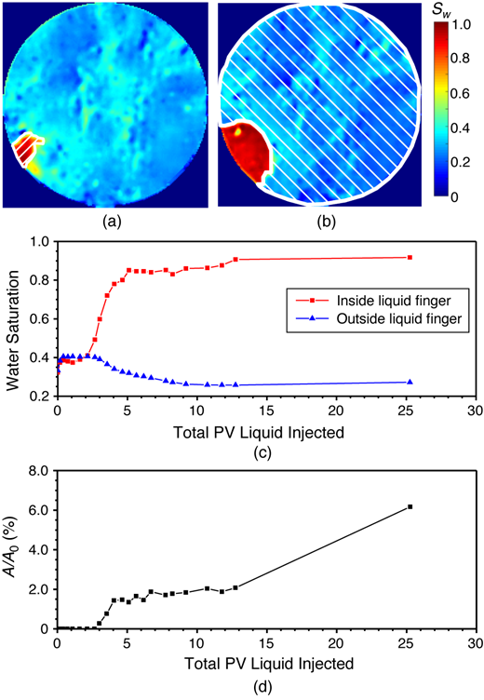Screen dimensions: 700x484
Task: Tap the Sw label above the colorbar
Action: [447, 12]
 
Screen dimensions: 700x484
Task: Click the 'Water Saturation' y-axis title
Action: [13, 319]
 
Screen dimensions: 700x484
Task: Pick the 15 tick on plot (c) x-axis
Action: [266, 411]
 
